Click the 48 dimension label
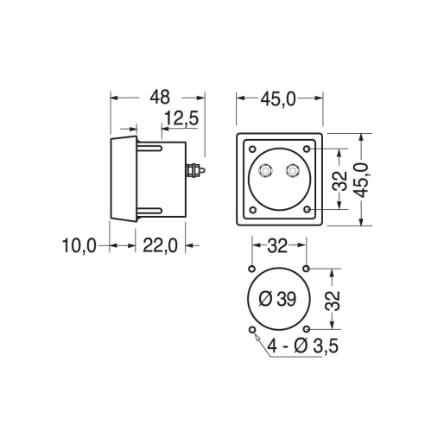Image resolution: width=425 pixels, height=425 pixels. (160, 98)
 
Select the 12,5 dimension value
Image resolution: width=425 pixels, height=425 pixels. (181, 118)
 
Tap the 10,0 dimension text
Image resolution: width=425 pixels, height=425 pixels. (79, 246)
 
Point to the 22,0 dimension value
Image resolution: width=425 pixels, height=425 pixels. (160, 246)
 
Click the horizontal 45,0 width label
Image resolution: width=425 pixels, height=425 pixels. (278, 99)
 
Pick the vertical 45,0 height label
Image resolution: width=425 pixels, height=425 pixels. (361, 180)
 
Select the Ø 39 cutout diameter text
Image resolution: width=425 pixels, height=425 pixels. (277, 299)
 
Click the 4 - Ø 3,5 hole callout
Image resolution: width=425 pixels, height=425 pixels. (302, 346)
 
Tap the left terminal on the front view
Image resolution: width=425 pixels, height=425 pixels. (265, 171)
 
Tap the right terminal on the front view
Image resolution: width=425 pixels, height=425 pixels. (293, 171)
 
